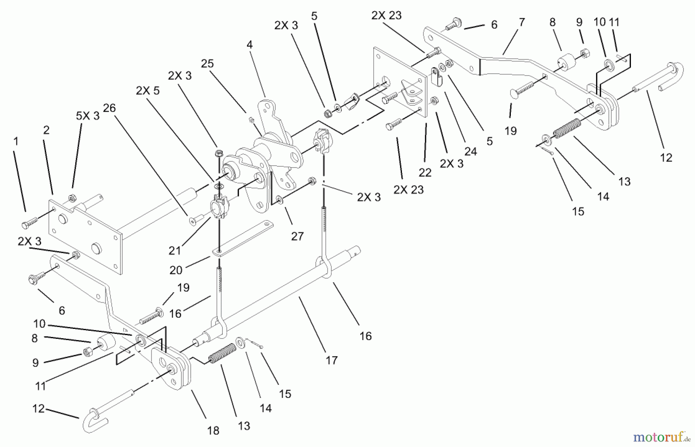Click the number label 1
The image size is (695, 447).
[16, 141]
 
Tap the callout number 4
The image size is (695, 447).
[250, 45]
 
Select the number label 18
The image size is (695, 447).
[213, 430]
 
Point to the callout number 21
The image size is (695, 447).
[175, 251]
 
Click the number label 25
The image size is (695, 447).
[207, 63]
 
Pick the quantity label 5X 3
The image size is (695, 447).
[88, 116]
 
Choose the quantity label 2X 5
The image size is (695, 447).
[147, 91]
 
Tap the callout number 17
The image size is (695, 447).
[331, 360]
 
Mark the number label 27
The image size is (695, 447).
[297, 236]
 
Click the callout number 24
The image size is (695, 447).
[471, 152]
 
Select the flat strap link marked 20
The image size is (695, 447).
[242, 238]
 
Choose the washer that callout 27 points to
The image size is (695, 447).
[280, 200]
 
